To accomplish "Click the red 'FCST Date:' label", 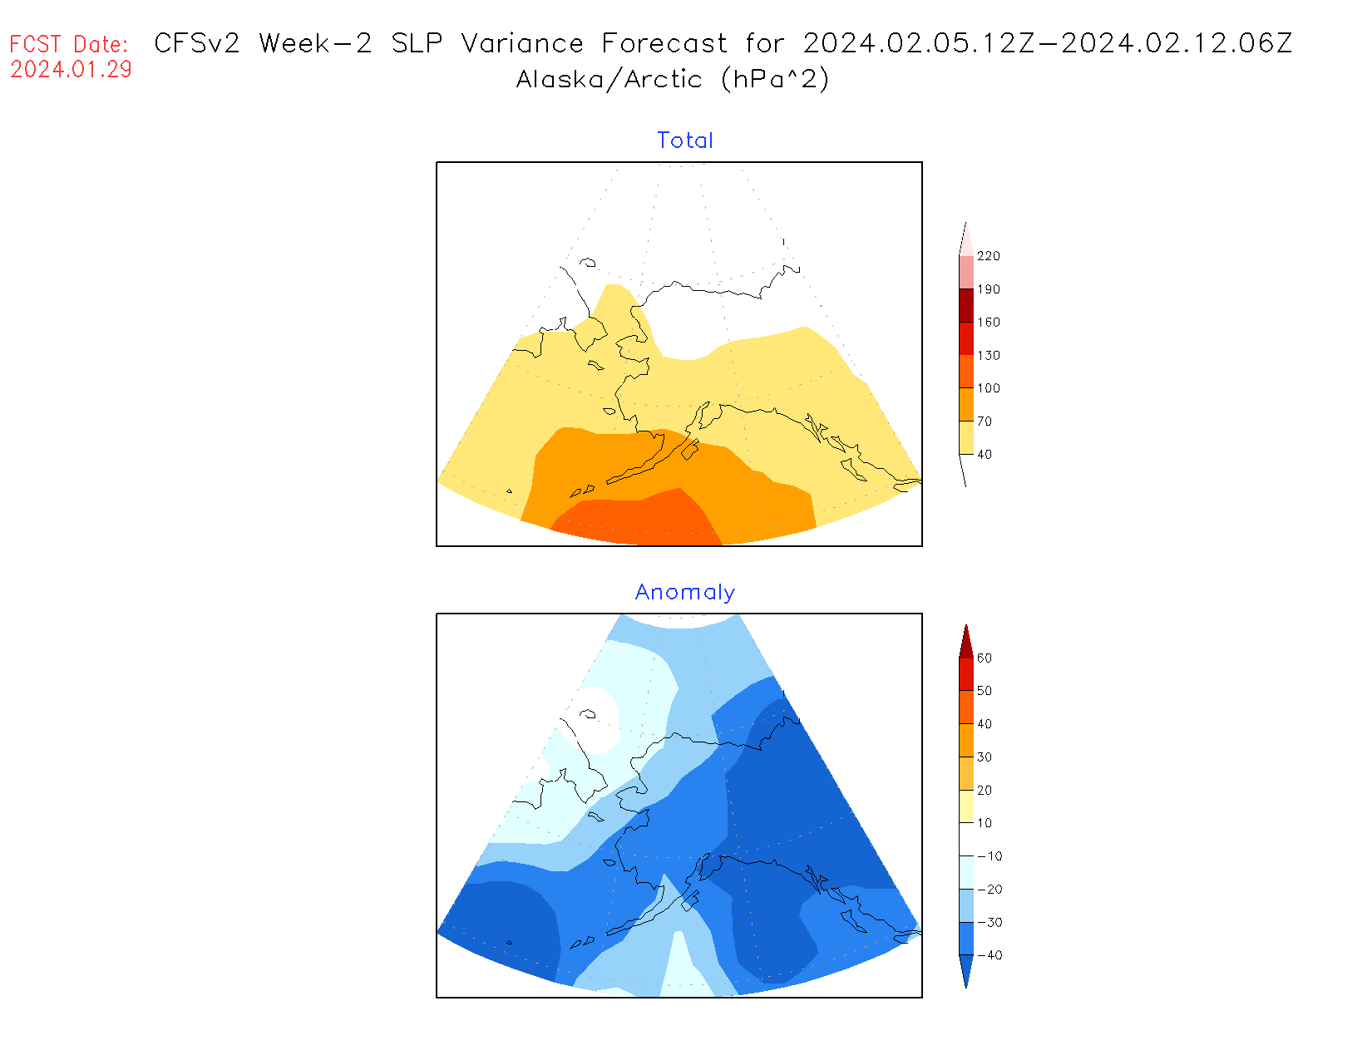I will [x=69, y=44].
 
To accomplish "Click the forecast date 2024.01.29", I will [x=71, y=70].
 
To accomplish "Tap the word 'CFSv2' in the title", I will [x=197, y=43].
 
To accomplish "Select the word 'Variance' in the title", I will [x=522, y=43].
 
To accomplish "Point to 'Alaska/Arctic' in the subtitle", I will [x=609, y=80].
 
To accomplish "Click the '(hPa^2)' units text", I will [x=775, y=80].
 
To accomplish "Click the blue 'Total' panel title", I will [x=684, y=141].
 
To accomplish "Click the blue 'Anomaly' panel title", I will [x=684, y=592].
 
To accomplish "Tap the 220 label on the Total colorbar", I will [x=988, y=256].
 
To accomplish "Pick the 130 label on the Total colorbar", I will [x=988, y=355].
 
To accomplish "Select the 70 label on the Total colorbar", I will [x=985, y=422].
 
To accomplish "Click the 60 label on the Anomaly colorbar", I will [x=985, y=658].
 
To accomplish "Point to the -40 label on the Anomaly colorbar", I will [x=989, y=955].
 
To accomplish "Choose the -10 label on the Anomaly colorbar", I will [x=989, y=856].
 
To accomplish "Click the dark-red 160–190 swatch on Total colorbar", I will [x=966, y=305].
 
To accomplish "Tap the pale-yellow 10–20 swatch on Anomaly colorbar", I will [x=966, y=806].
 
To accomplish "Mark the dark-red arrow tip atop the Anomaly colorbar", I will [x=966, y=640].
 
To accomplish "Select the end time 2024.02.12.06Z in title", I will [x=1177, y=43].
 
